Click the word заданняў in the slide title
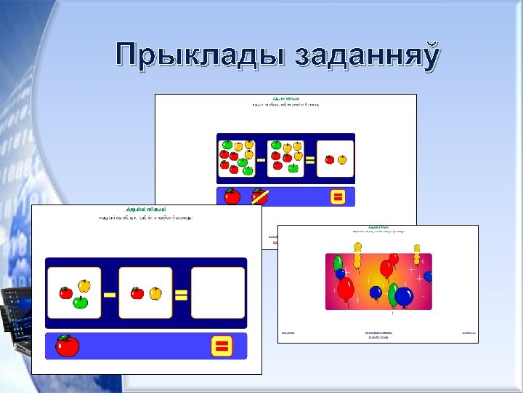tap(367, 57)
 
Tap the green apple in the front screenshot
tap(81, 301)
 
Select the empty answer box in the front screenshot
tap(217, 293)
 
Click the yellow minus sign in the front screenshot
tap(110, 295)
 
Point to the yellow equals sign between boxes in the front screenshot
tap(181, 295)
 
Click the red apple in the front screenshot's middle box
tap(137, 293)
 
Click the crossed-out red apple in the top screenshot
tap(259, 196)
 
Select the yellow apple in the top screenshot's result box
tap(341, 159)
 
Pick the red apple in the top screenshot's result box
tap(330, 159)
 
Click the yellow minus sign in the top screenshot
tap(260, 160)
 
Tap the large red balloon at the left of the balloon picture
tap(345, 289)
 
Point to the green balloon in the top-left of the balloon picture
tap(338, 263)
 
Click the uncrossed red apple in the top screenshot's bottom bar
tap(232, 196)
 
